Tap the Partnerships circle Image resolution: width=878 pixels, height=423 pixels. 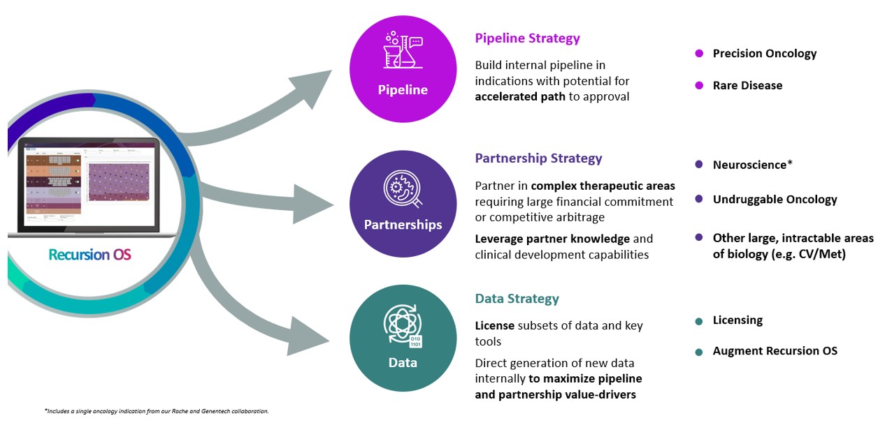(403, 204)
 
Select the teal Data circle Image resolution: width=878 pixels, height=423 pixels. (403, 338)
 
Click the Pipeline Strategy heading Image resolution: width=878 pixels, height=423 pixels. (527, 38)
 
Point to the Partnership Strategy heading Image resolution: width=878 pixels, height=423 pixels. (538, 158)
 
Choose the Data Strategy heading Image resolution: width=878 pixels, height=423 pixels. (517, 299)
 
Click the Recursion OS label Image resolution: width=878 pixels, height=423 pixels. (89, 255)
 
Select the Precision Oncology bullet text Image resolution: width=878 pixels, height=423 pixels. (764, 54)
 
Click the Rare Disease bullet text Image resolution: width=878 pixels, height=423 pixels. (747, 86)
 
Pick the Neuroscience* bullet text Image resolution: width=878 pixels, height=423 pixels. (752, 165)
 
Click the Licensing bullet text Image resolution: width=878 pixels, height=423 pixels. (737, 320)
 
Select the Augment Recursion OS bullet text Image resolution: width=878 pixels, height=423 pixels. (775, 351)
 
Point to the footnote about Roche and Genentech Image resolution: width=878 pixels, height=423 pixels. (157, 411)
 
